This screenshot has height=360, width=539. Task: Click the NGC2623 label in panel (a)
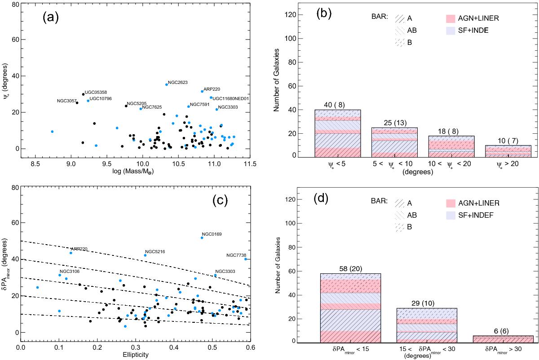(178, 83)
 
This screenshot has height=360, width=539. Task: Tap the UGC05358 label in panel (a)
(95, 92)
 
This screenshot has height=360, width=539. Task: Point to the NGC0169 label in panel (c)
(212, 234)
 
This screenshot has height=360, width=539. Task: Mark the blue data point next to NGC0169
(202, 238)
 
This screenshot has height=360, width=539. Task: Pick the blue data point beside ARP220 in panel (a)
(202, 92)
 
